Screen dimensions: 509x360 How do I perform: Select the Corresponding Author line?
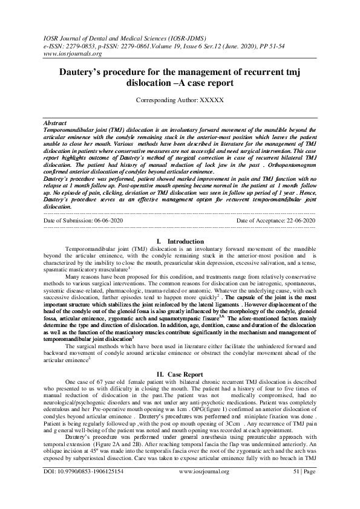click(180, 99)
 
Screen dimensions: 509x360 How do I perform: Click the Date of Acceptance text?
click(276, 221)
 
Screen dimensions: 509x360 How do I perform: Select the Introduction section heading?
click(180, 241)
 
